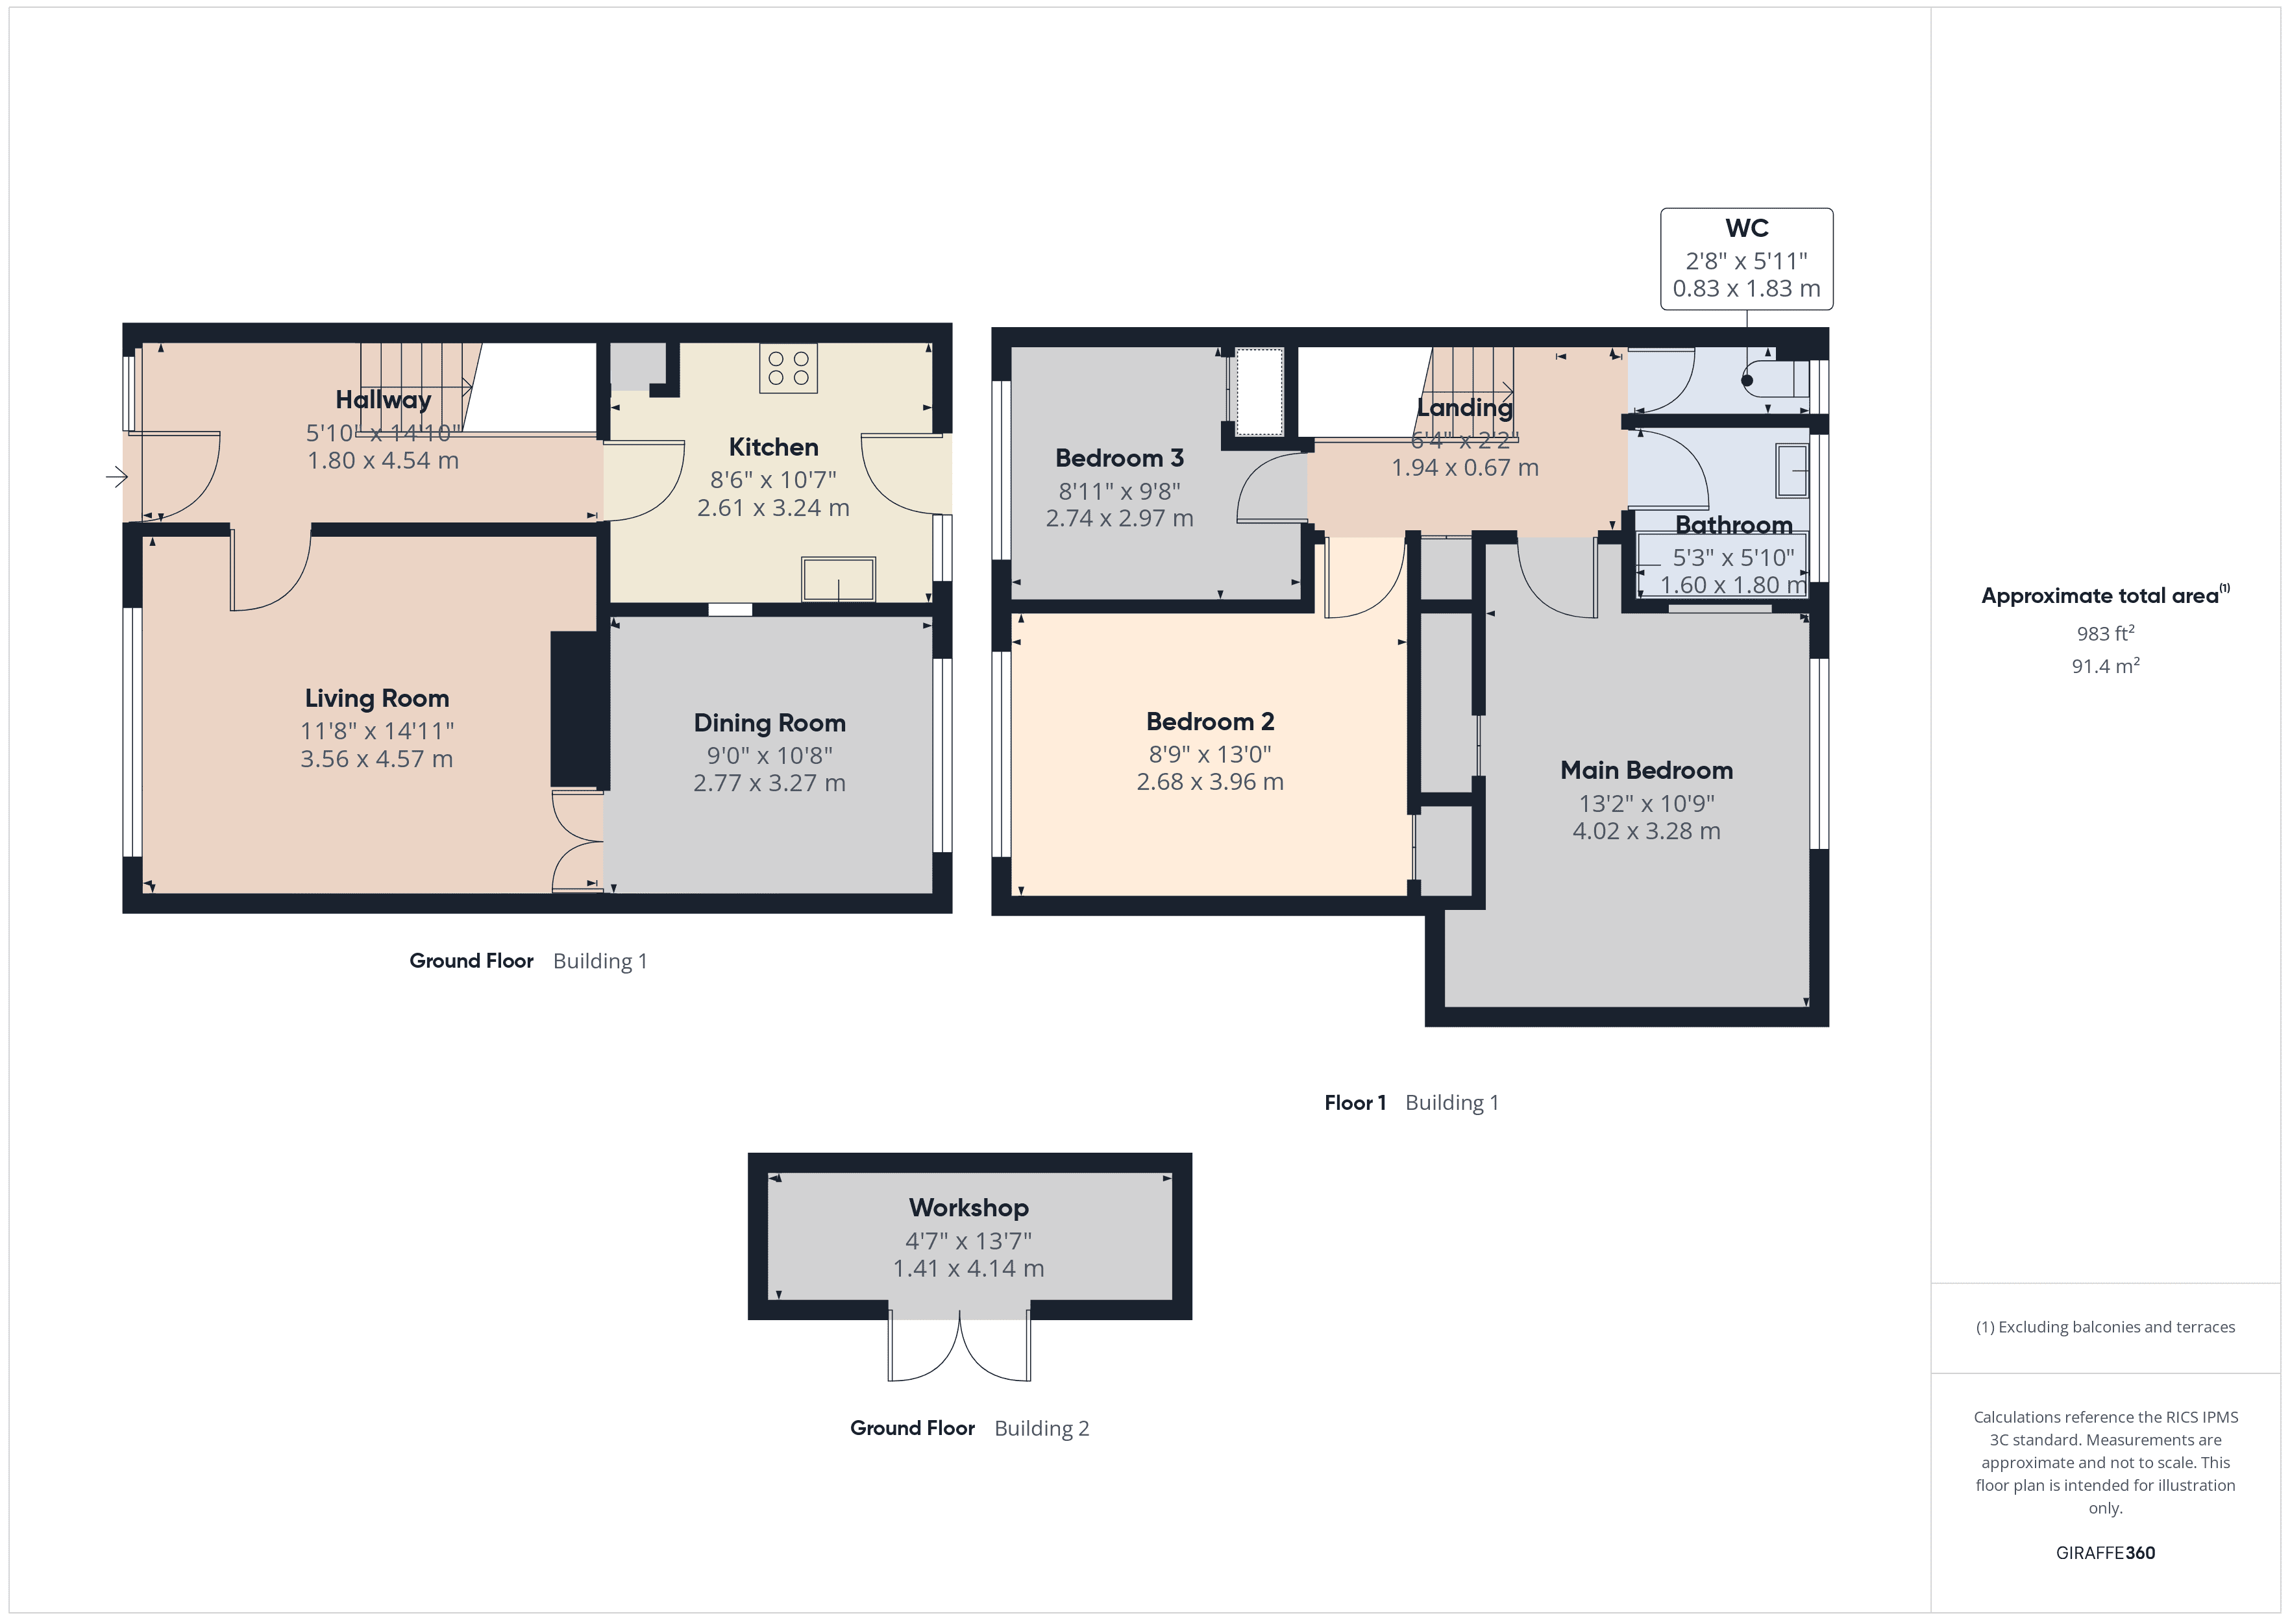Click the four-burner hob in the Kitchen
tap(788, 368)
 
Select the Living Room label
tap(377, 698)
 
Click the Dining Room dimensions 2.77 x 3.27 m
tap(769, 783)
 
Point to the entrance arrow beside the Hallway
tap(117, 478)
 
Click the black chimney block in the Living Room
tap(578, 709)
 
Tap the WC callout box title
tap(1747, 228)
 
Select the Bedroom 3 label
tap(1119, 458)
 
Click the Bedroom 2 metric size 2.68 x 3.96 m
tap(1210, 782)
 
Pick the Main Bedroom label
tap(1645, 770)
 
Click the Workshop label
tap(968, 1207)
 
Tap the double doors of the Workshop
tap(959, 1349)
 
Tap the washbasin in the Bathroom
tap(1791, 471)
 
